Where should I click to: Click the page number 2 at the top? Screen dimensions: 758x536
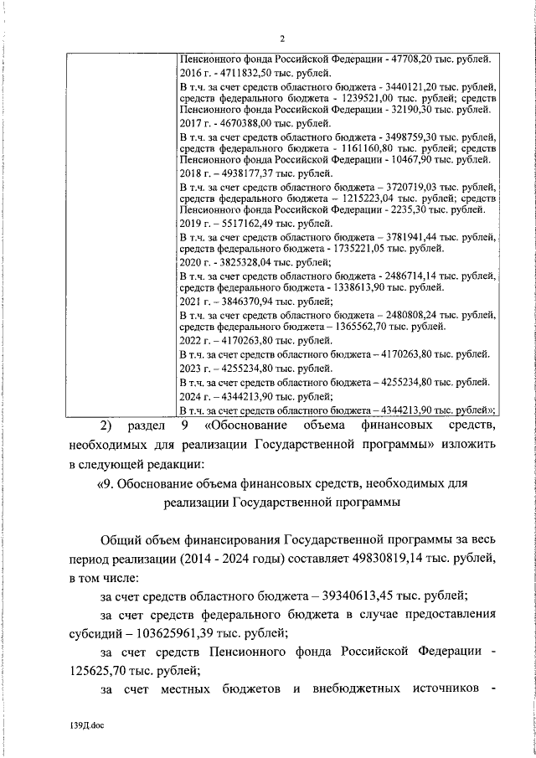[282, 39]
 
